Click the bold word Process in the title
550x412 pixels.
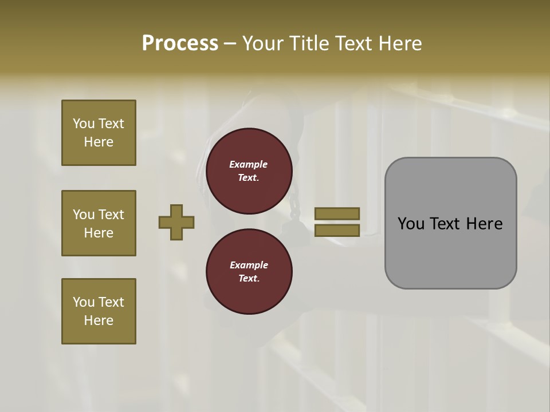click(x=180, y=43)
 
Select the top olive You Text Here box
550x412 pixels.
click(x=99, y=133)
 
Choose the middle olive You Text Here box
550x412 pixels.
click(x=99, y=223)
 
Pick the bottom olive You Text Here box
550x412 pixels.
click(x=99, y=311)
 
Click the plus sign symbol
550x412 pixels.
click(x=176, y=222)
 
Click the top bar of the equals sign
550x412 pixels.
click(x=337, y=213)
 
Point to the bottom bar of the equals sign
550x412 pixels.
click(x=337, y=230)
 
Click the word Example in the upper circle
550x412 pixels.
click(x=249, y=164)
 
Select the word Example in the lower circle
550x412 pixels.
click(x=249, y=265)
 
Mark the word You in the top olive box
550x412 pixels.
click(x=84, y=124)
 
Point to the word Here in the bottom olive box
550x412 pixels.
click(x=99, y=320)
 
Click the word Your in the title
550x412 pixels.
click(x=264, y=43)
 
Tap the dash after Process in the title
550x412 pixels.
click(x=230, y=43)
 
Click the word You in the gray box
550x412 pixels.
click(x=411, y=224)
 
